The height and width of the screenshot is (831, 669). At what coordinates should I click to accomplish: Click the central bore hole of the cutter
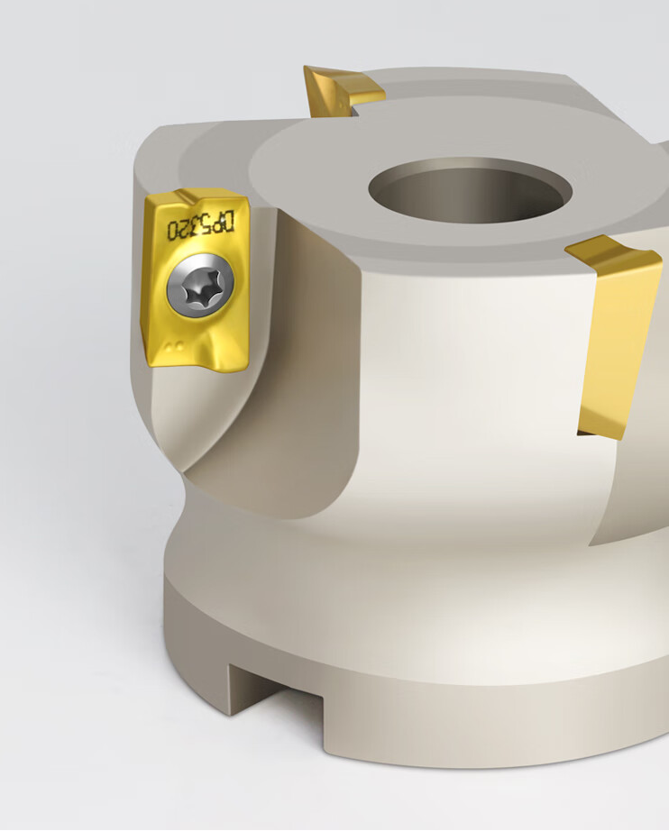point(470,191)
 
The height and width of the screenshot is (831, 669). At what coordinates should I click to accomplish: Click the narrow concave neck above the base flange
point(379,541)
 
